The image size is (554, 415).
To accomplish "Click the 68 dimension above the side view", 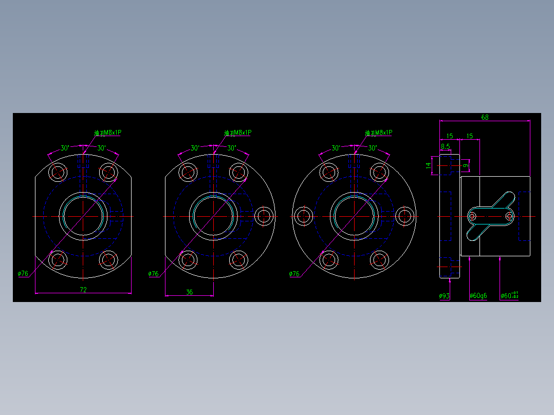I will click(485, 117).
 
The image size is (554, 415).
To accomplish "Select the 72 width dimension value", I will click(83, 290).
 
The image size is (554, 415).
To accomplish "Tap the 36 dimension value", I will click(189, 292).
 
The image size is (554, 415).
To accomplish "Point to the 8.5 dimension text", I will click(445, 146).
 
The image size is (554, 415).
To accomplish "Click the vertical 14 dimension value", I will click(428, 165).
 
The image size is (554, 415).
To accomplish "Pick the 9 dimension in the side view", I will click(465, 165).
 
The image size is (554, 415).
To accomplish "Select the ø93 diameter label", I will click(445, 296).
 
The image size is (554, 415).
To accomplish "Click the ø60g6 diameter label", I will click(478, 296).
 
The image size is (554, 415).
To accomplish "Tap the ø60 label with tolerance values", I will click(509, 296).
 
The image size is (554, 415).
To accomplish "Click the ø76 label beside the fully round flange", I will click(294, 274).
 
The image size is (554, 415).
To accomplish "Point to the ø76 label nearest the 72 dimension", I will click(23, 274).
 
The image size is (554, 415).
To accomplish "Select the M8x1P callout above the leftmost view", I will click(108, 133).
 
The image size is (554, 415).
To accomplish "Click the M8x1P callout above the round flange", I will click(379, 133).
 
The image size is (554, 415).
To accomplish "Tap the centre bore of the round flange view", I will click(355, 216).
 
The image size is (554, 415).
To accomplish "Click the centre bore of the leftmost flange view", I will click(83, 216).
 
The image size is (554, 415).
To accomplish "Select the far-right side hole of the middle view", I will click(264, 216).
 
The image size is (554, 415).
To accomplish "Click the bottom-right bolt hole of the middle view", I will click(238, 260).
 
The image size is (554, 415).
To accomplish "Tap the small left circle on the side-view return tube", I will click(472, 216).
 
